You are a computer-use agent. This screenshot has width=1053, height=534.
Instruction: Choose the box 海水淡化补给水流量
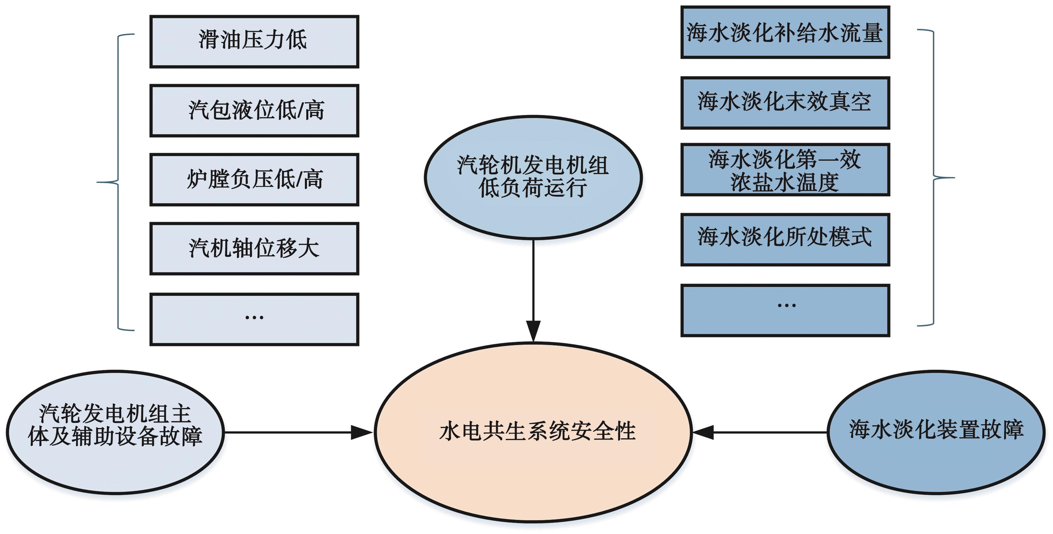[x=785, y=32]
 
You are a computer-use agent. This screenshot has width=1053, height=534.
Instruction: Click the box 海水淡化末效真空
[x=785, y=103]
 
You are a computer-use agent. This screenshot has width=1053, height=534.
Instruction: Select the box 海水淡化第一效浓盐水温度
[x=785, y=170]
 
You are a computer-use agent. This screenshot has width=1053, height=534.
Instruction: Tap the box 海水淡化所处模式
[x=785, y=240]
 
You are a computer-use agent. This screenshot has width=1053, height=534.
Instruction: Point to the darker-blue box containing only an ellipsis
[x=785, y=310]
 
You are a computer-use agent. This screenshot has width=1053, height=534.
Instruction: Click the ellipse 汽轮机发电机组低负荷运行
[x=533, y=177]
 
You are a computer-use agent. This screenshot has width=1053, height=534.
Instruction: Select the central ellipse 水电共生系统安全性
[x=533, y=432]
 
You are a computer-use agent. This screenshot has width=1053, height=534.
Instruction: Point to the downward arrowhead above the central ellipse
[x=533, y=331]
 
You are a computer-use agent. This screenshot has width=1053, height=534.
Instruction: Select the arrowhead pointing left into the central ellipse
[x=703, y=432]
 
